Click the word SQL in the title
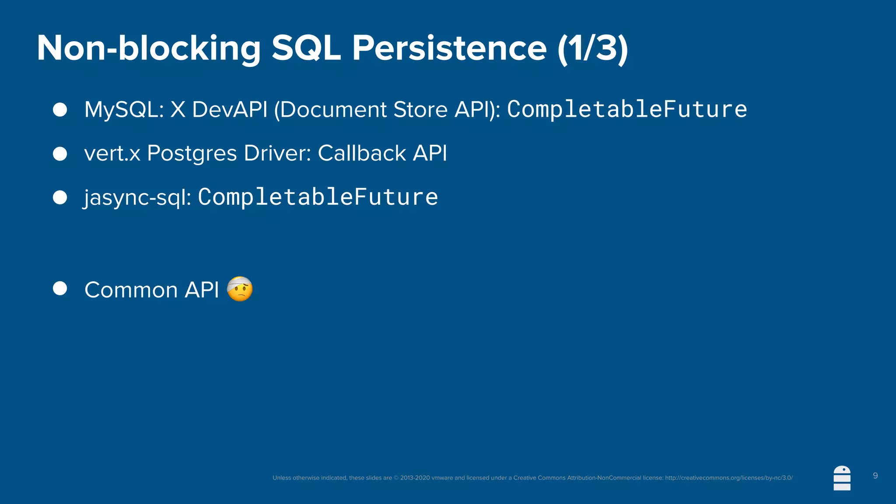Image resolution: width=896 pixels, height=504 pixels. (x=306, y=48)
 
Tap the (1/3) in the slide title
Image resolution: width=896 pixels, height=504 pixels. (x=593, y=48)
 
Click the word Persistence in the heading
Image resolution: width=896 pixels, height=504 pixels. (x=449, y=48)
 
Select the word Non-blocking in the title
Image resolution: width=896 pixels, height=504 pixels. (x=149, y=48)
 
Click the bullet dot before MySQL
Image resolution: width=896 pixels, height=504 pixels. (x=60, y=109)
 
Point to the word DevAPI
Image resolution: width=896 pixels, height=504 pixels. (x=230, y=109)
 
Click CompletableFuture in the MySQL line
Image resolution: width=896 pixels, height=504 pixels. (x=627, y=109)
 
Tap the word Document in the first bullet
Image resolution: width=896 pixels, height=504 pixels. (x=333, y=109)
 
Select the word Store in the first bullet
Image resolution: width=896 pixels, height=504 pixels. (x=420, y=109)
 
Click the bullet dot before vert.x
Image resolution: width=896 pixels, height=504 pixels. (x=60, y=154)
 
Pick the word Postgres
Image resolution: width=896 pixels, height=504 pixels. (x=192, y=154)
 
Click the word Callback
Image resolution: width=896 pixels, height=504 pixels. (x=362, y=153)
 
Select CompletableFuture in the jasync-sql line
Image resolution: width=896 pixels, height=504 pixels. (x=318, y=197)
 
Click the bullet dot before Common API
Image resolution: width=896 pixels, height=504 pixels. (x=60, y=288)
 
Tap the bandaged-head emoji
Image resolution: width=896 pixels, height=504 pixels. (x=240, y=289)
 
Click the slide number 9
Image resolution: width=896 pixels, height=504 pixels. (x=875, y=476)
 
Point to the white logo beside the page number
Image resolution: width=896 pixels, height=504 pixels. (x=842, y=478)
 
